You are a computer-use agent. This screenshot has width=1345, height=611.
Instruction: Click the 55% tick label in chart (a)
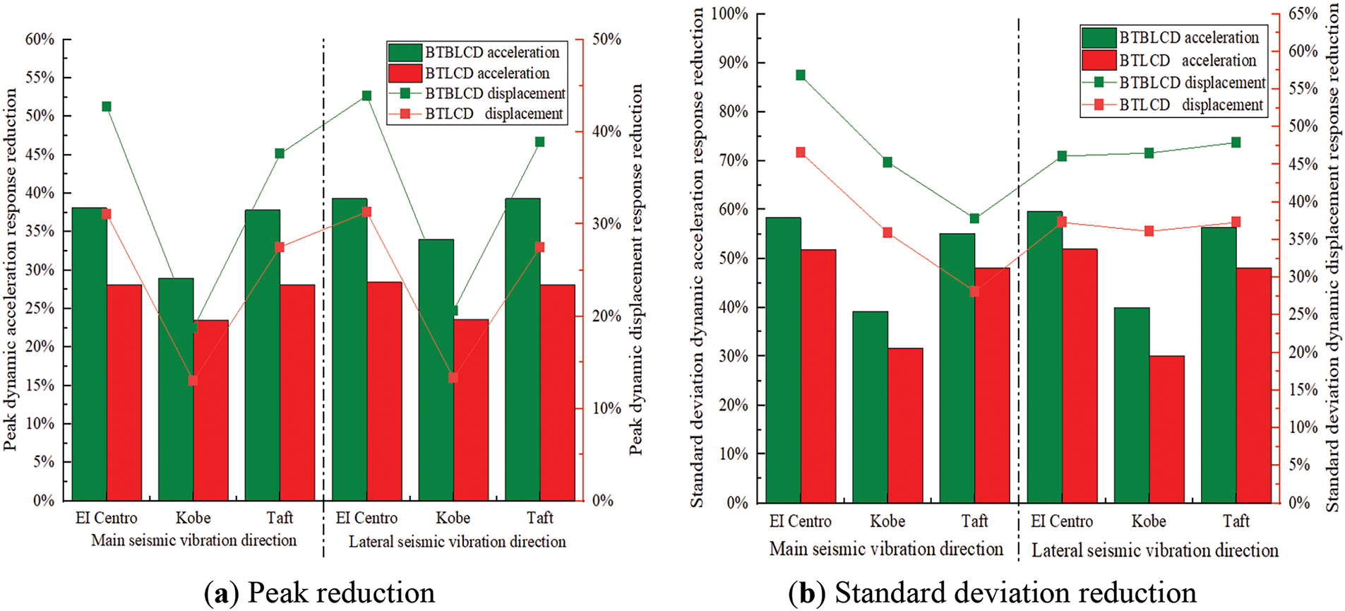(40, 78)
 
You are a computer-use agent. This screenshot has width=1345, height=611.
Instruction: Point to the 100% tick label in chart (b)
(729, 14)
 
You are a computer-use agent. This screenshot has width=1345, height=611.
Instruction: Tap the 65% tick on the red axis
(1303, 14)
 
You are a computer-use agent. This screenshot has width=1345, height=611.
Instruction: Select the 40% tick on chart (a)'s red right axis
(606, 132)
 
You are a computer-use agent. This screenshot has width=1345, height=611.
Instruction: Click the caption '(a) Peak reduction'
(319, 593)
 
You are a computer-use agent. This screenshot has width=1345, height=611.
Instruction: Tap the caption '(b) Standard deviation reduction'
(992, 593)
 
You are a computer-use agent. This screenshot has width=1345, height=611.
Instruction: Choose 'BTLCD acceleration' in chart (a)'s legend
(486, 73)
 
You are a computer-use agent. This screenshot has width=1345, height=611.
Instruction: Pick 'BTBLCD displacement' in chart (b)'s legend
(1192, 83)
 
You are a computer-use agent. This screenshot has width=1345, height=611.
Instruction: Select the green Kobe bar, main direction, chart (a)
(176, 388)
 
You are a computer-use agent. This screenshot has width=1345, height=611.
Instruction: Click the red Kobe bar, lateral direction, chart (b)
(1166, 429)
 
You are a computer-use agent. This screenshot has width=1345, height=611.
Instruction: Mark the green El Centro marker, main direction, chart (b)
(801, 75)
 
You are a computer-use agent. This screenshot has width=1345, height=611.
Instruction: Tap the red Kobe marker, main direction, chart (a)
(193, 381)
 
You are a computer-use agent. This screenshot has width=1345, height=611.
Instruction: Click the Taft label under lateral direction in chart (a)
(540, 518)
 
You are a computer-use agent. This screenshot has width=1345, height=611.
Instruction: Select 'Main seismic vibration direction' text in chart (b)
(885, 550)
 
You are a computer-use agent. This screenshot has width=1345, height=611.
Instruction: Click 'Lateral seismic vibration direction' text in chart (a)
(457, 542)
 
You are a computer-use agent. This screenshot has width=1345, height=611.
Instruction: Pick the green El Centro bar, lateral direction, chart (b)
(1044, 357)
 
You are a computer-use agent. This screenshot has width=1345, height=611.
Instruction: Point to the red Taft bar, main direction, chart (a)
(297, 392)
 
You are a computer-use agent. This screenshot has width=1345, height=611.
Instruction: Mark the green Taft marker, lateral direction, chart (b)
(1236, 143)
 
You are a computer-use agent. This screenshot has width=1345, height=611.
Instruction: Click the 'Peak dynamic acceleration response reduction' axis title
(10, 268)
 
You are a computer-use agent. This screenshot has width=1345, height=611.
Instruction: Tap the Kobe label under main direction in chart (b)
(887, 522)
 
